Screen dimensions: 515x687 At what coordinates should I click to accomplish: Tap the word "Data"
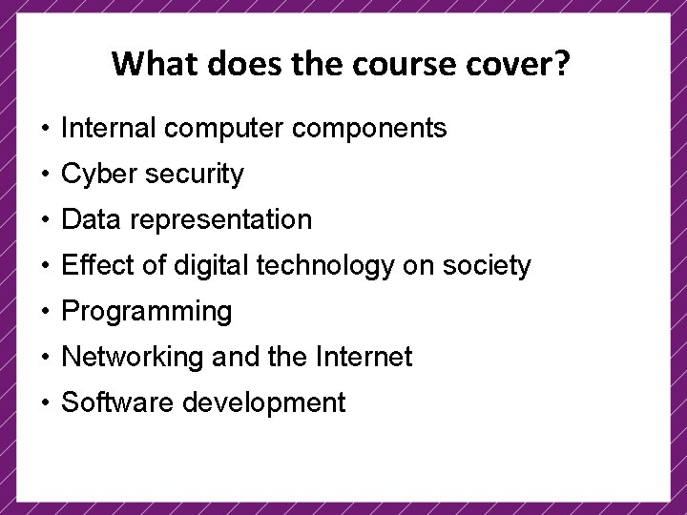[92, 219]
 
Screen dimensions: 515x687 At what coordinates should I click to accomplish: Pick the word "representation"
[221, 219]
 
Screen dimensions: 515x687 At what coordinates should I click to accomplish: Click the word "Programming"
[146, 312]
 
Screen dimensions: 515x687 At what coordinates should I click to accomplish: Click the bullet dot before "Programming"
[46, 312]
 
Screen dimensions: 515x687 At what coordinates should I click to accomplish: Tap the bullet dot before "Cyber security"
[46, 175]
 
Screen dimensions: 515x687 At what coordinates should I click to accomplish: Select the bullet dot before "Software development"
[46, 403]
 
